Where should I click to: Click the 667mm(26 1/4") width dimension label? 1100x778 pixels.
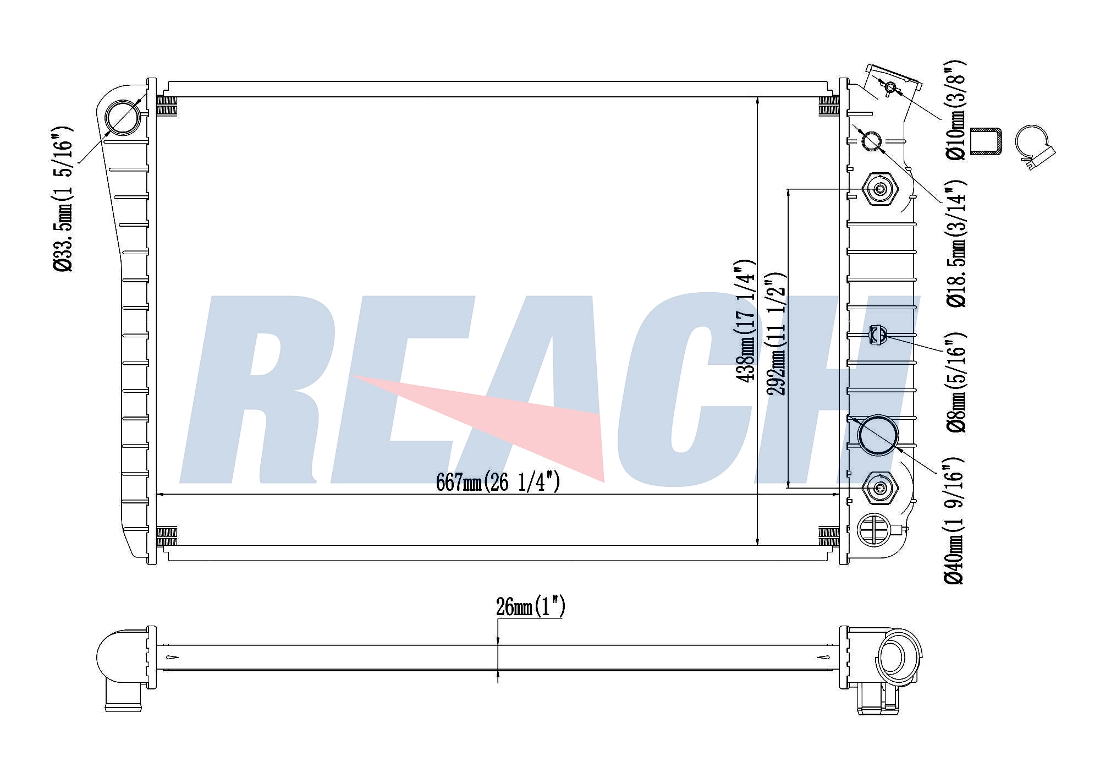pyautogui.click(x=498, y=483)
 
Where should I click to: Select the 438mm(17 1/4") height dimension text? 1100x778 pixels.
pyautogui.click(x=746, y=321)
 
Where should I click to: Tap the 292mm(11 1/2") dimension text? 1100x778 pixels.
pyautogui.click(x=777, y=333)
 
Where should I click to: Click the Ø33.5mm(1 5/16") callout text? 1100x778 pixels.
pyautogui.click(x=62, y=199)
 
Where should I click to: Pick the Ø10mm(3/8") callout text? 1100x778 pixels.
pyautogui.click(x=956, y=109)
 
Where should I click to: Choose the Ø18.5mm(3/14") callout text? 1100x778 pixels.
pyautogui.click(x=956, y=243)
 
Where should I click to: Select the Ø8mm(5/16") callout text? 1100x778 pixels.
pyautogui.click(x=956, y=382)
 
